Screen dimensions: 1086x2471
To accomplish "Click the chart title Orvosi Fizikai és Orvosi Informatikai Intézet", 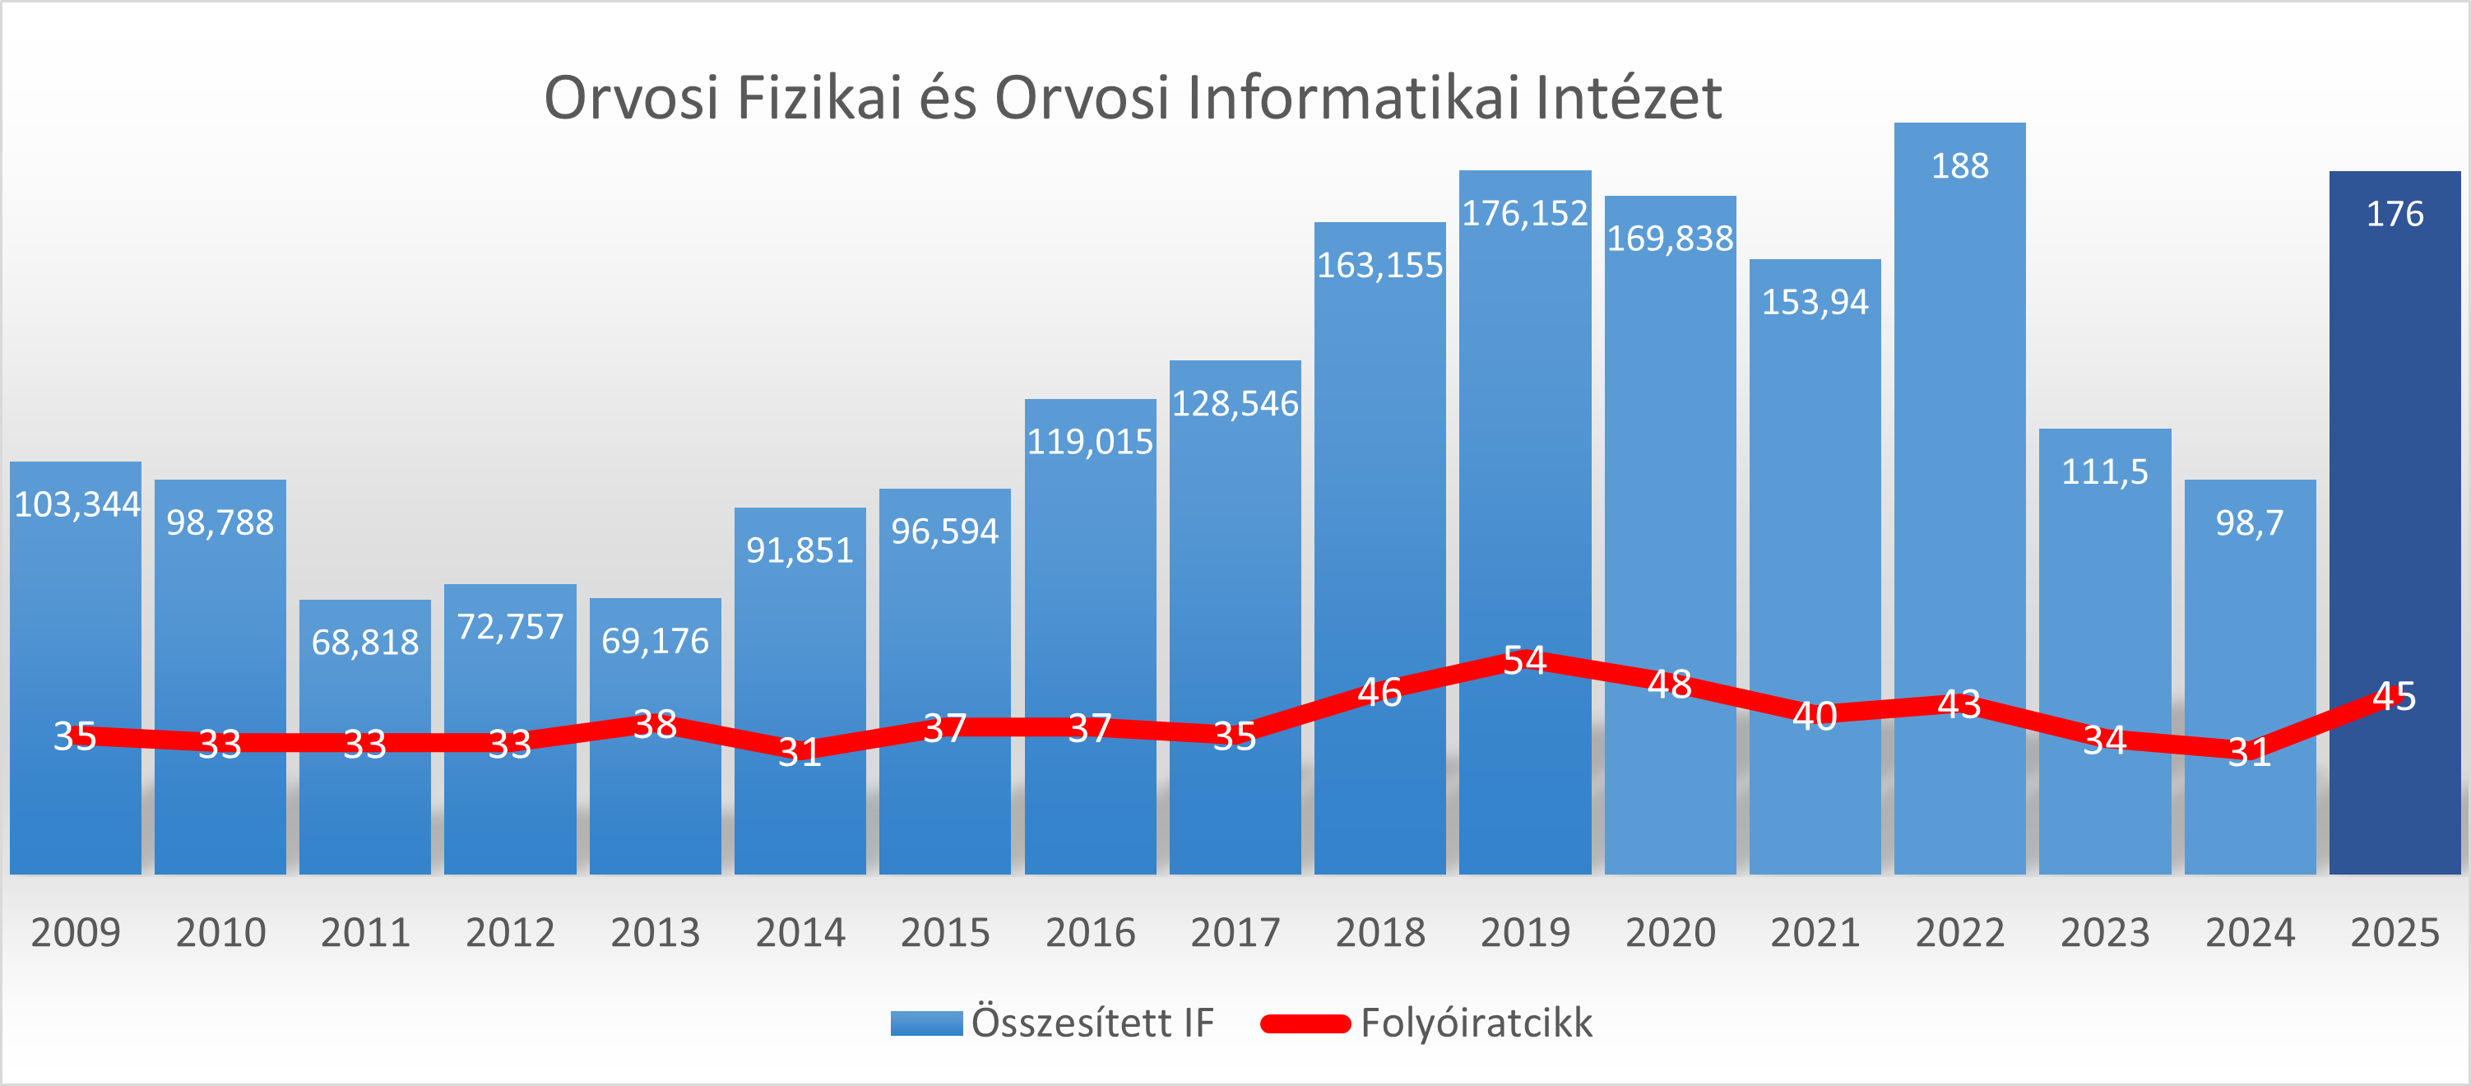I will (1132, 98).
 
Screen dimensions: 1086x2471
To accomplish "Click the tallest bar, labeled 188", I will (1959, 432).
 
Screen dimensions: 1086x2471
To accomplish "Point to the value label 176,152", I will (1524, 213).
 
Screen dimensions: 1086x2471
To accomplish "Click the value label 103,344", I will (76, 504).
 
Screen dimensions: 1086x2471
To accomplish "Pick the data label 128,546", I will (1235, 404).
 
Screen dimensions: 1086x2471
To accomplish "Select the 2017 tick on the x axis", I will (1235, 932).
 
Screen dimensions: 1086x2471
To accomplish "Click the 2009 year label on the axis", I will (76, 932).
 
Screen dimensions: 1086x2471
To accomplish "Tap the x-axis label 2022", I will (1959, 932).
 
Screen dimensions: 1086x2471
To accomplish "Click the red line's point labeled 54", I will (1524, 660).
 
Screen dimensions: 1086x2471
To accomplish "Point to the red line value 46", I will (1379, 692).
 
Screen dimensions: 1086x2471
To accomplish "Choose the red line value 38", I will (655, 724).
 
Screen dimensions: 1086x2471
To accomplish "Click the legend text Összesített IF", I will (1092, 1023).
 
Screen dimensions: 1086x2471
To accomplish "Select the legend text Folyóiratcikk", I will (1476, 1023).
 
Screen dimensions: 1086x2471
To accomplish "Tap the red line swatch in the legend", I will (1305, 1023).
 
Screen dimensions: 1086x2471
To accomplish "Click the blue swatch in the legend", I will (925, 1023).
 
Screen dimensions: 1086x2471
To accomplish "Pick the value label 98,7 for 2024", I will (2250, 523).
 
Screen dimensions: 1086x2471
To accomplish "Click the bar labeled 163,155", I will (1379, 480).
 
